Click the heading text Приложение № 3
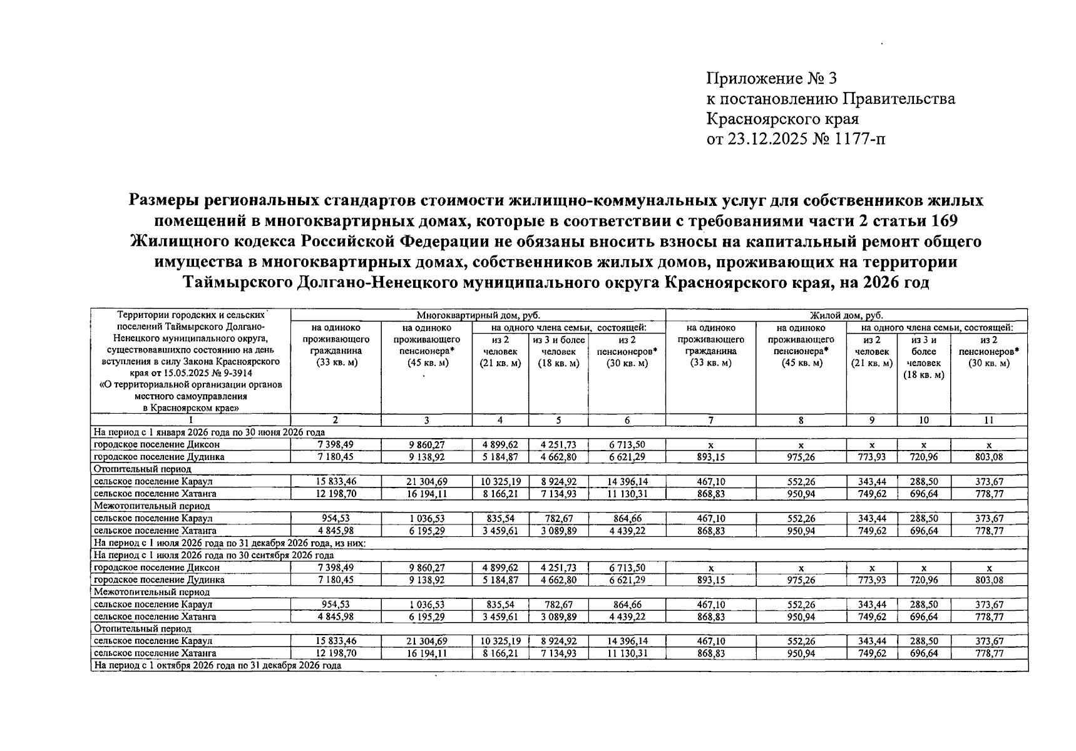(x=771, y=79)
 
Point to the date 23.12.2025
(x=774, y=139)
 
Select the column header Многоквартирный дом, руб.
(x=478, y=316)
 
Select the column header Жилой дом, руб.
(x=846, y=316)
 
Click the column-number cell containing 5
(x=558, y=421)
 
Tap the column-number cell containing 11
(x=988, y=421)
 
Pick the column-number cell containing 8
(x=801, y=421)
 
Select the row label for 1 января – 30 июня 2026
(x=209, y=432)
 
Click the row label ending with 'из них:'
(x=229, y=543)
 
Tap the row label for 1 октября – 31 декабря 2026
(x=217, y=666)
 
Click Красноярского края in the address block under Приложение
(x=782, y=119)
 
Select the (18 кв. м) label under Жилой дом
(x=923, y=375)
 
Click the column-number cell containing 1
(x=190, y=421)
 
